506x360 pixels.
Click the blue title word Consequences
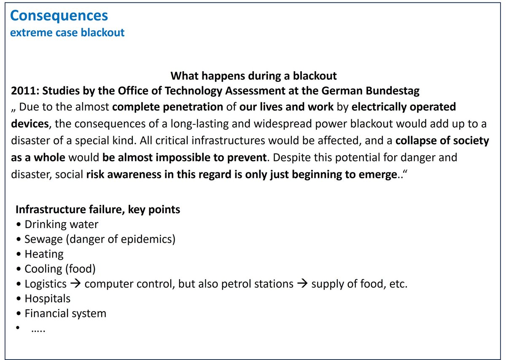(x=59, y=16)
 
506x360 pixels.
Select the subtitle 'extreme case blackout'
(x=67, y=32)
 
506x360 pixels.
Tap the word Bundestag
(x=393, y=91)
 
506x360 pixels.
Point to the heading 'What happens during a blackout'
(x=253, y=75)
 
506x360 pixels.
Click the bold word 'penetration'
(x=193, y=107)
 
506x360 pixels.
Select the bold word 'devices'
(x=30, y=124)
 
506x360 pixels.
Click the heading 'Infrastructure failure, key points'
(x=98, y=210)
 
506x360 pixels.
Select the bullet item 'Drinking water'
(x=62, y=225)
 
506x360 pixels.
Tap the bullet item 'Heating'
(x=44, y=254)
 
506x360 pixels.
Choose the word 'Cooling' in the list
(x=43, y=269)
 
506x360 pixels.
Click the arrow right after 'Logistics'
(x=75, y=283)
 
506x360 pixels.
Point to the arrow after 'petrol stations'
(x=302, y=283)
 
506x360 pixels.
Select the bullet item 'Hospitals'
(x=47, y=298)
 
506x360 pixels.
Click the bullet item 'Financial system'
(x=65, y=314)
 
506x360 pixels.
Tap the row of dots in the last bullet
(x=38, y=331)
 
